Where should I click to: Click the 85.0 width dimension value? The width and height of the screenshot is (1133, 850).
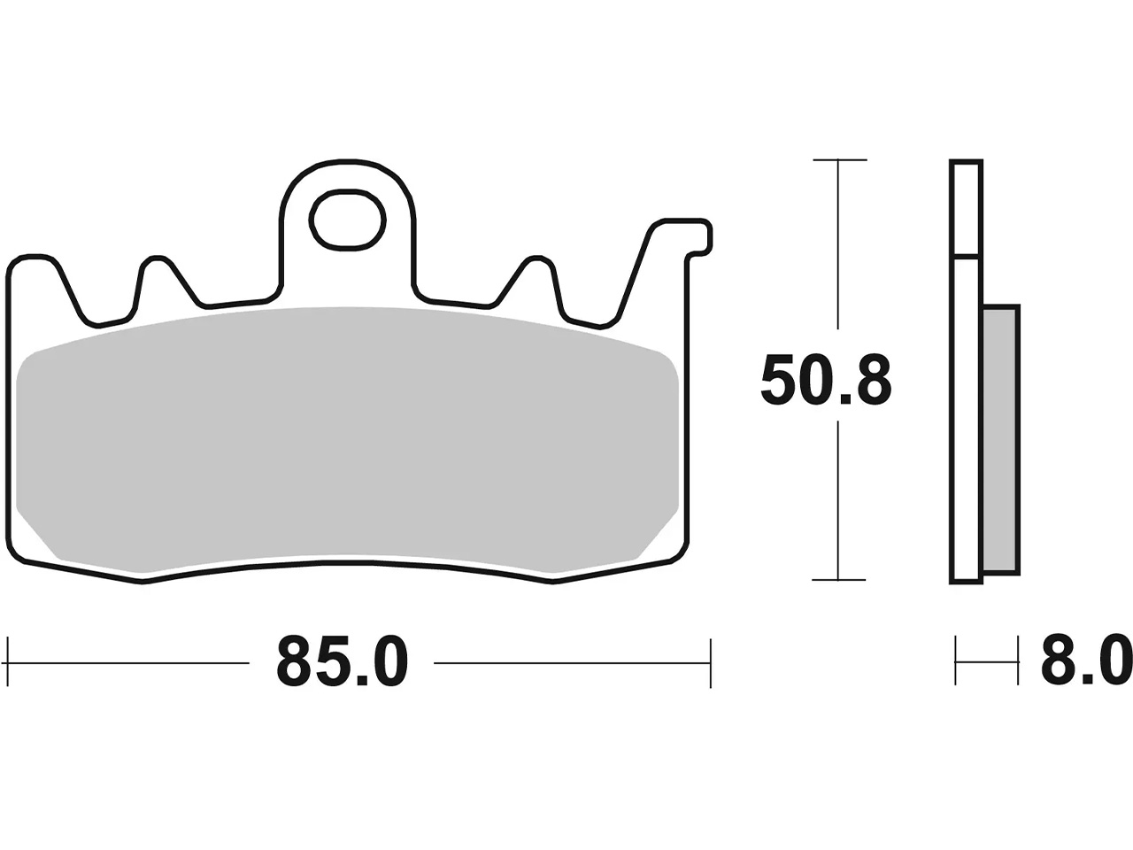click(343, 662)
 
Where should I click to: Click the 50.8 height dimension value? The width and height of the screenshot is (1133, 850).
click(826, 381)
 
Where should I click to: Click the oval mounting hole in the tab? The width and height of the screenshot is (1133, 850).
click(348, 220)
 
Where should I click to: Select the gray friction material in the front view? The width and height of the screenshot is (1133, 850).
click(347, 440)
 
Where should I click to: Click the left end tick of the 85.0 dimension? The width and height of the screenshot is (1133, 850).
click(8, 662)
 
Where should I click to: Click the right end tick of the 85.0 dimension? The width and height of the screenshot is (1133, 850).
click(711, 662)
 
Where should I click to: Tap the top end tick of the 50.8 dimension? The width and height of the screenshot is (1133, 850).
click(840, 160)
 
